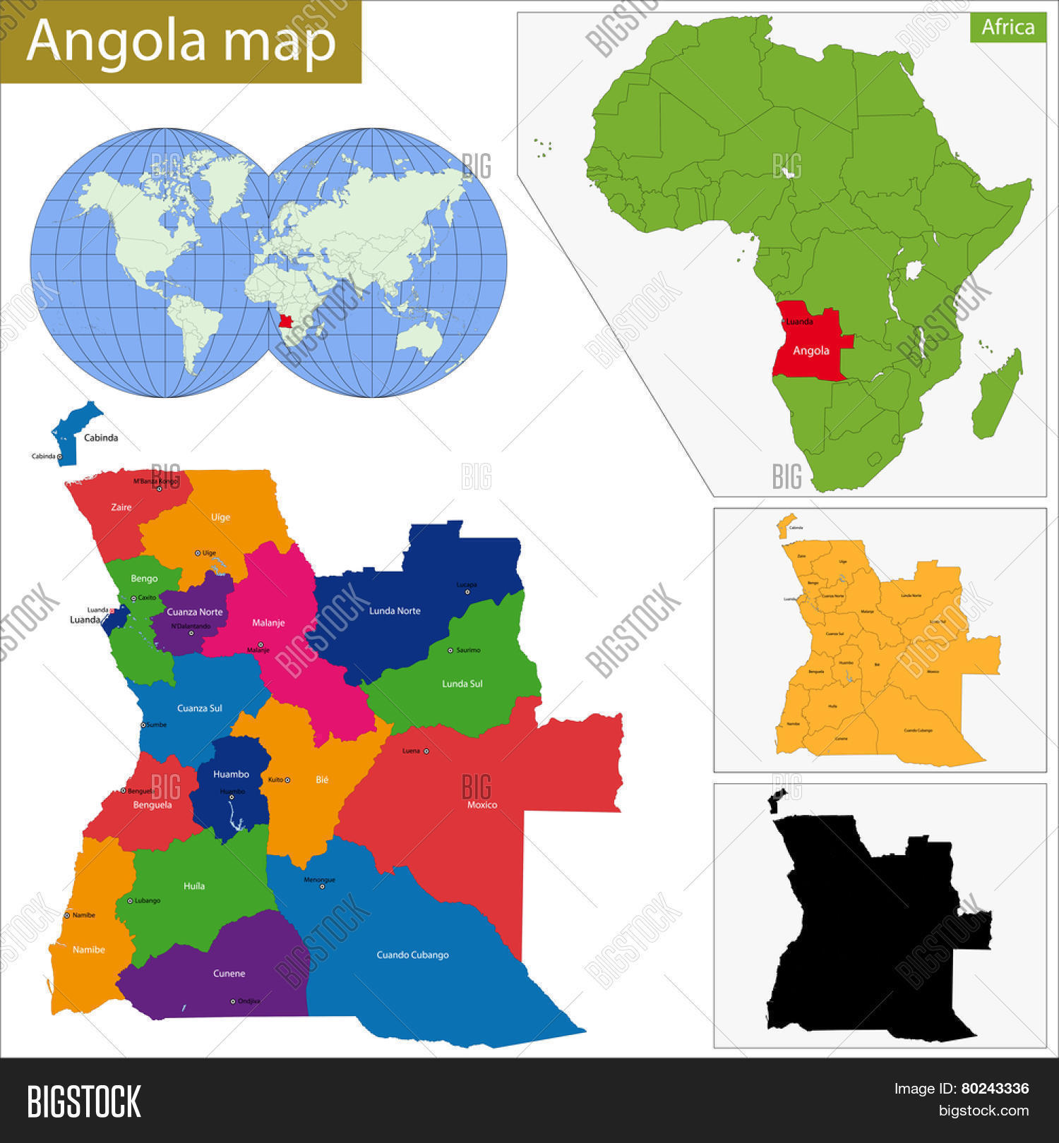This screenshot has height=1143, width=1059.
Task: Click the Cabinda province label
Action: (101, 437)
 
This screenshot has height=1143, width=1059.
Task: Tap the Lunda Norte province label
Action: (395, 611)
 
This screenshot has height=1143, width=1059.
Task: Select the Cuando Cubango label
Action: (412, 955)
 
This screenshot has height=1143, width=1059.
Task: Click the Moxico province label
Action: (482, 804)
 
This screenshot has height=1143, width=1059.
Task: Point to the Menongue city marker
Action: (322, 887)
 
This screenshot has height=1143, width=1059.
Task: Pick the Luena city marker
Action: (426, 751)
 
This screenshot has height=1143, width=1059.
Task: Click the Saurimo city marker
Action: (450, 650)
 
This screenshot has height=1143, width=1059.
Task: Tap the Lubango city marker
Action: (130, 901)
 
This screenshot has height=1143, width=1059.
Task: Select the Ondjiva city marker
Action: (233, 1001)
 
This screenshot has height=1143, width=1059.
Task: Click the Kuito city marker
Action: (287, 780)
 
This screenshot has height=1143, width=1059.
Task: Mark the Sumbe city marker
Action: (143, 725)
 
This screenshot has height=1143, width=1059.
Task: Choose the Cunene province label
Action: (229, 973)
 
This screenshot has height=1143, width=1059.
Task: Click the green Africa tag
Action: (1007, 27)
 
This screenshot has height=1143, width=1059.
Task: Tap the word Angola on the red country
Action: (810, 351)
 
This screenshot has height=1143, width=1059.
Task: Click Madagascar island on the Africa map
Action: (997, 395)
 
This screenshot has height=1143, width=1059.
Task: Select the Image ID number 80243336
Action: (995, 1089)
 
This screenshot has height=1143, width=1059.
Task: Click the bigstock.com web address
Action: (983, 1111)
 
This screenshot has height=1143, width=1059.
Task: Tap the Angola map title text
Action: (181, 41)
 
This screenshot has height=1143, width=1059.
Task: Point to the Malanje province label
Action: (268, 622)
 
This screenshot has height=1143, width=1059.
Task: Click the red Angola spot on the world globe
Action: (285, 321)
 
